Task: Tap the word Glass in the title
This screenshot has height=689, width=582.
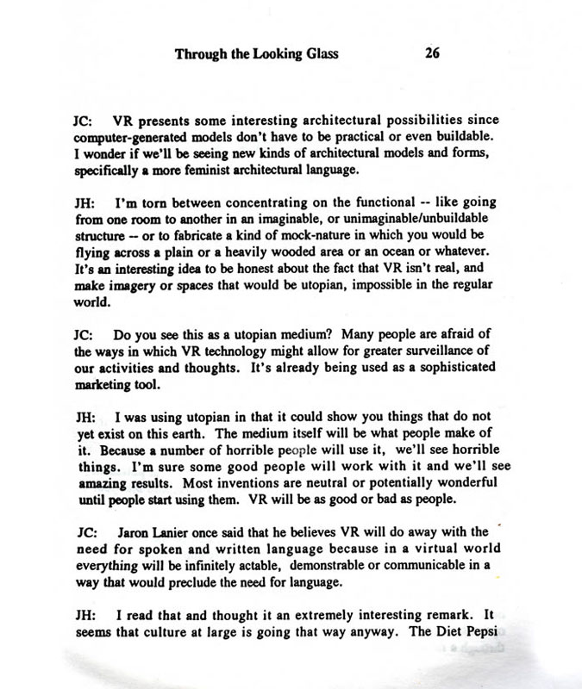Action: coord(320,54)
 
